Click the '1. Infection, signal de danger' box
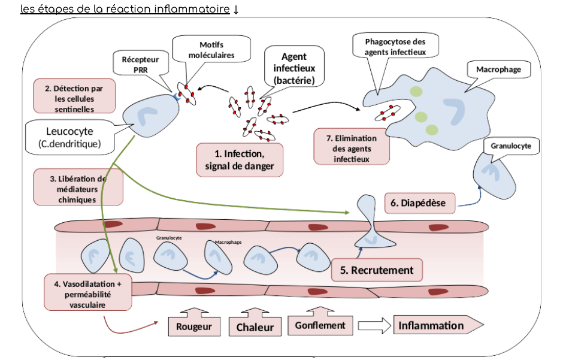click(239, 160)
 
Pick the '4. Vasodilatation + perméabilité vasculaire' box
click(87, 292)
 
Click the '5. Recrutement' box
click(377, 270)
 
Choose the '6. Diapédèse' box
click(419, 203)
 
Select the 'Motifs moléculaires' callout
click(211, 50)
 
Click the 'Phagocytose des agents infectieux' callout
click(395, 47)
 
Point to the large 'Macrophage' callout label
click(498, 69)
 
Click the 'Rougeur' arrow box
click(194, 326)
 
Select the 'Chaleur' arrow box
click(255, 327)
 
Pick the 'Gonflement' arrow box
click(320, 325)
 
